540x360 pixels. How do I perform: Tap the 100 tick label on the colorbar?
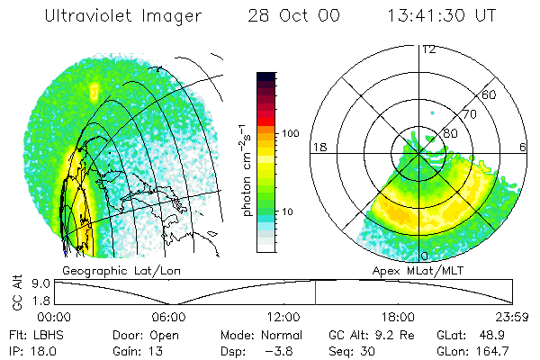(290, 133)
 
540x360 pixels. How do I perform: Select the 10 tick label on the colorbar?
(287, 211)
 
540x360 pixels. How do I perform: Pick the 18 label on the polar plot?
(318, 146)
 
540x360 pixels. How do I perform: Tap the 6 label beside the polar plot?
(524, 146)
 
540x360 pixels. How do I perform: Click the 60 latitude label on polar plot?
(490, 94)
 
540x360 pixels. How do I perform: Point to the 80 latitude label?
(451, 133)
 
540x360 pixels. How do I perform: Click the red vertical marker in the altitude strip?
(315, 292)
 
